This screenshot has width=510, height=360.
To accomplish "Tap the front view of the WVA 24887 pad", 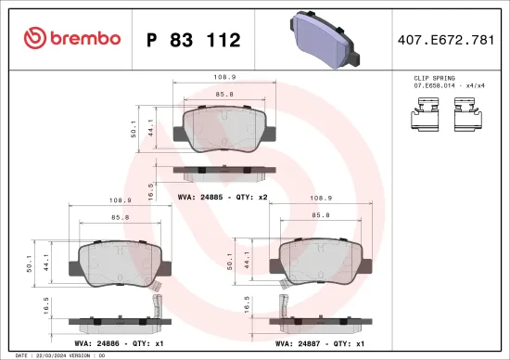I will [320, 264].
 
